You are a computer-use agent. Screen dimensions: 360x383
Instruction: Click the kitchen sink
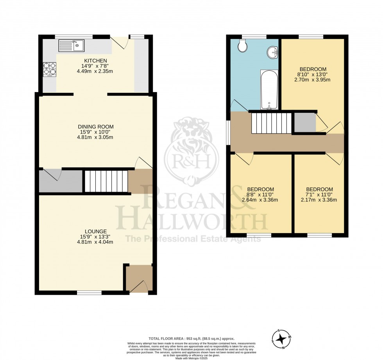(x=71, y=46)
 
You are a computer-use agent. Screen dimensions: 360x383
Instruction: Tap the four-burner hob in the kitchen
(x=49, y=70)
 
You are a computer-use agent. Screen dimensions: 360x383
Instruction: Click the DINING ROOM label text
(x=95, y=127)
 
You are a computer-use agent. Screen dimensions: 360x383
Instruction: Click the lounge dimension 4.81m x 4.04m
(x=95, y=242)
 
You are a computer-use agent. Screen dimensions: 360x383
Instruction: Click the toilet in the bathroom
(x=242, y=46)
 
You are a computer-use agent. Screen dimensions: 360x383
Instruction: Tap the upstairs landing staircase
(x=271, y=123)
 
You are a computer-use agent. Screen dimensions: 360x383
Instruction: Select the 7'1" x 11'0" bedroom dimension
(x=319, y=194)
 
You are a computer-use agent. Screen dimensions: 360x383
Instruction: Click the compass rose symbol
(x=281, y=339)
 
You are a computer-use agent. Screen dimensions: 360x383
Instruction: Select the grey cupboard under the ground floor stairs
(x=61, y=181)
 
